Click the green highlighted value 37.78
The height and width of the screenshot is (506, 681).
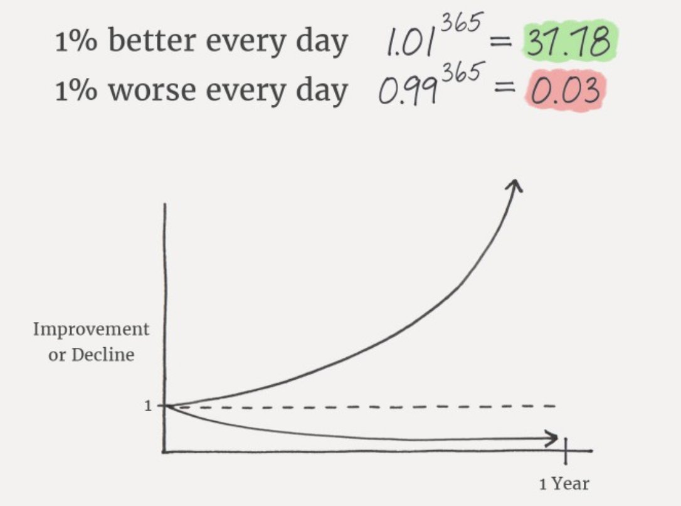click(567, 42)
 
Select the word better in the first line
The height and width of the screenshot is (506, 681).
click(150, 42)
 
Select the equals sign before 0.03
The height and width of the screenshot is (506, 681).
click(500, 93)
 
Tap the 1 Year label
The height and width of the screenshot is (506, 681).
click(564, 483)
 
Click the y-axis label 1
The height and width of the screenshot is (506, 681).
click(148, 406)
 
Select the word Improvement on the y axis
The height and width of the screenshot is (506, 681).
click(91, 330)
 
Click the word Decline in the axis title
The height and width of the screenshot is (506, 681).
click(103, 355)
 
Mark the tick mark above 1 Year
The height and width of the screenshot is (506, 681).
click(565, 450)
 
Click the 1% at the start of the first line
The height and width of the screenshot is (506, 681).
click(73, 42)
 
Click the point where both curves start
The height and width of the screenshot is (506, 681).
click(166, 406)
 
